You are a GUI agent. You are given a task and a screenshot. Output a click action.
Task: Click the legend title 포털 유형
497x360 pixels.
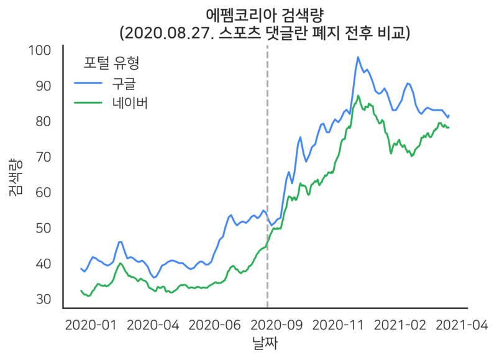[111, 63]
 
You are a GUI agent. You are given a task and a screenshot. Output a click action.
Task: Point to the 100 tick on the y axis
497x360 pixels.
[47, 50]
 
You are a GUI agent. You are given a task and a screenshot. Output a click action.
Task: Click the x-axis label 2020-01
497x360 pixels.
[91, 325]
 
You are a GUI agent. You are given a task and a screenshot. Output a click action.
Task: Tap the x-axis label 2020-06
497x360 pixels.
[215, 325]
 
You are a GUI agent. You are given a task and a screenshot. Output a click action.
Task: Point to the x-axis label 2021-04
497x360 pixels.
[463, 325]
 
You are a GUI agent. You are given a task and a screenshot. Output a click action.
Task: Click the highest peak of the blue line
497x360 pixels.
[358, 57]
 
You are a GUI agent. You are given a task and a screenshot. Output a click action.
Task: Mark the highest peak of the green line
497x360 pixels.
[358, 96]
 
